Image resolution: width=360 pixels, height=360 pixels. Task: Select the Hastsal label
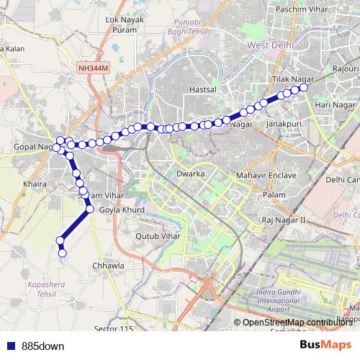tap(202, 90)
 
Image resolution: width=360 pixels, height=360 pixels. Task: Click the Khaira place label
tap(35, 184)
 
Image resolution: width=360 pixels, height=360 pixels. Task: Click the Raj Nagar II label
tap(284, 220)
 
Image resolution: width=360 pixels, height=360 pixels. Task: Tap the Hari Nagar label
tap(332, 106)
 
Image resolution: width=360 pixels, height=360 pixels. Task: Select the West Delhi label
tap(273, 45)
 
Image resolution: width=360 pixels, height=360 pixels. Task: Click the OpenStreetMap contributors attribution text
tap(302, 323)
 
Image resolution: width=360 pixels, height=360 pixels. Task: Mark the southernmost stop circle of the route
tap(62, 252)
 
